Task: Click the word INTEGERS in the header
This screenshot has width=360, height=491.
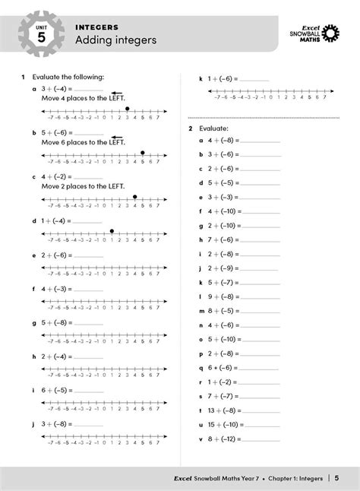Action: pyautogui.click(x=96, y=27)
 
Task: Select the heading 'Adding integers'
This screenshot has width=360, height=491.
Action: pyautogui.click(x=115, y=40)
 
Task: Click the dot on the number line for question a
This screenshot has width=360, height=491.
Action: pyautogui.click(x=127, y=109)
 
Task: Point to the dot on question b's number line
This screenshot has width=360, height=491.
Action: pyautogui.click(x=142, y=153)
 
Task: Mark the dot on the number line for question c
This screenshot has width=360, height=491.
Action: pyautogui.click(x=134, y=197)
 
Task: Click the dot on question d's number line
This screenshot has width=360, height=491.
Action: pyautogui.click(x=112, y=230)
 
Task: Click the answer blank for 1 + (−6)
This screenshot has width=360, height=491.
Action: pyautogui.click(x=254, y=79)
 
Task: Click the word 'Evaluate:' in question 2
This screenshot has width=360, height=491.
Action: pyautogui.click(x=213, y=130)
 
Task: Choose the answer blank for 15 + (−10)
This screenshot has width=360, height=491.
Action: pyautogui.click(x=267, y=424)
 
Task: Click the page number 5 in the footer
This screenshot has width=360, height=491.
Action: pyautogui.click(x=336, y=478)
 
